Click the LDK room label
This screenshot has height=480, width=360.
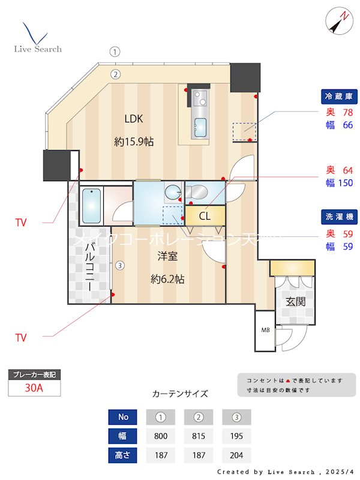[x=134, y=118]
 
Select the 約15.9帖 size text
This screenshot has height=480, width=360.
[x=134, y=142]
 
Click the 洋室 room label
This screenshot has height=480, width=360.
[x=167, y=256]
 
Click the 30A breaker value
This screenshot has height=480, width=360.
[x=34, y=388]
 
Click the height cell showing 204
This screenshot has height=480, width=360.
[x=236, y=455]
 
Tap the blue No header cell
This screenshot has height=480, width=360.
[x=123, y=417]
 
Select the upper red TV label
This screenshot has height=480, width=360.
[x=21, y=223]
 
